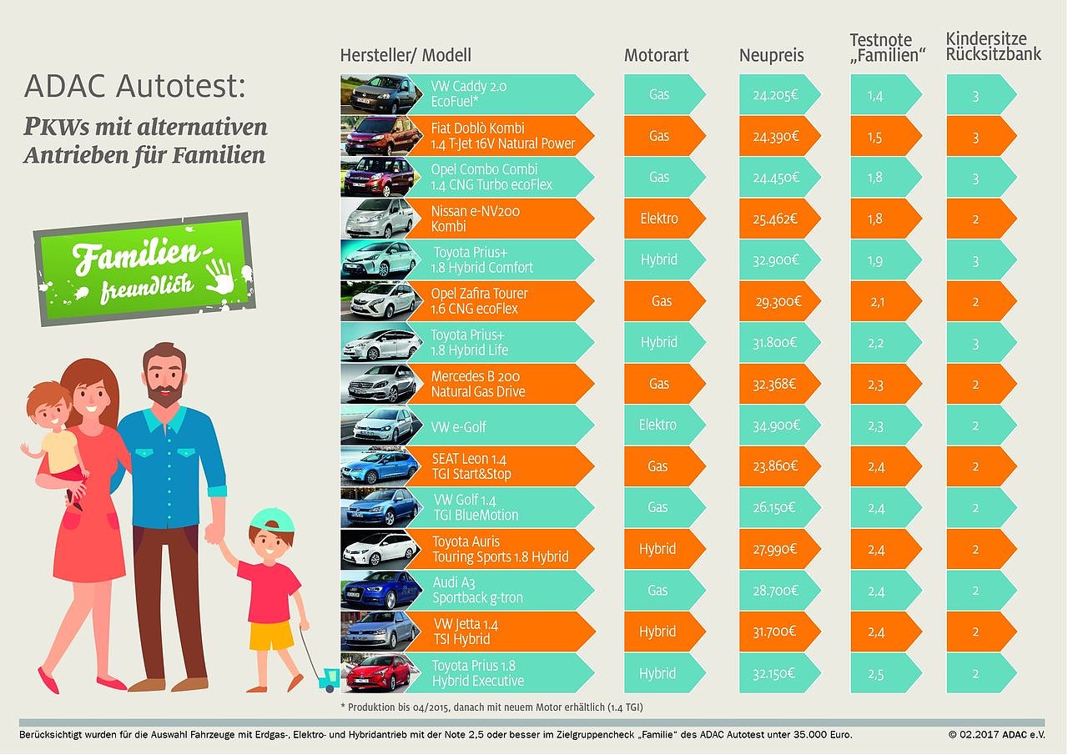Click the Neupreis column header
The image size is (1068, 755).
click(x=771, y=56)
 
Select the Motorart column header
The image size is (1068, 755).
click(x=656, y=56)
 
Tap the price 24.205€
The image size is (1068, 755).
click(x=775, y=95)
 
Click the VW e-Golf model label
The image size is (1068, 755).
click(x=459, y=427)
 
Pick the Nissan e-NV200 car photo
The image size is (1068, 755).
click(x=377, y=219)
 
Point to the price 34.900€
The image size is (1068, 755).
click(x=775, y=425)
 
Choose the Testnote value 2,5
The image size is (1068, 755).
click(x=876, y=673)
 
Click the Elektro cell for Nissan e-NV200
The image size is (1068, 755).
click(x=658, y=219)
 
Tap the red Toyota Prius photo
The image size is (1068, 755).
click(x=377, y=673)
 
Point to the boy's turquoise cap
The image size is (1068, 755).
click(x=272, y=522)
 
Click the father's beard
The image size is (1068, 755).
click(x=164, y=392)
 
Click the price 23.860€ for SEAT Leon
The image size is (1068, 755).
click(x=775, y=466)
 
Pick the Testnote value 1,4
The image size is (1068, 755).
click(x=876, y=95)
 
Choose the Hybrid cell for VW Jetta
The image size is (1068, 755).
click(x=657, y=632)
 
